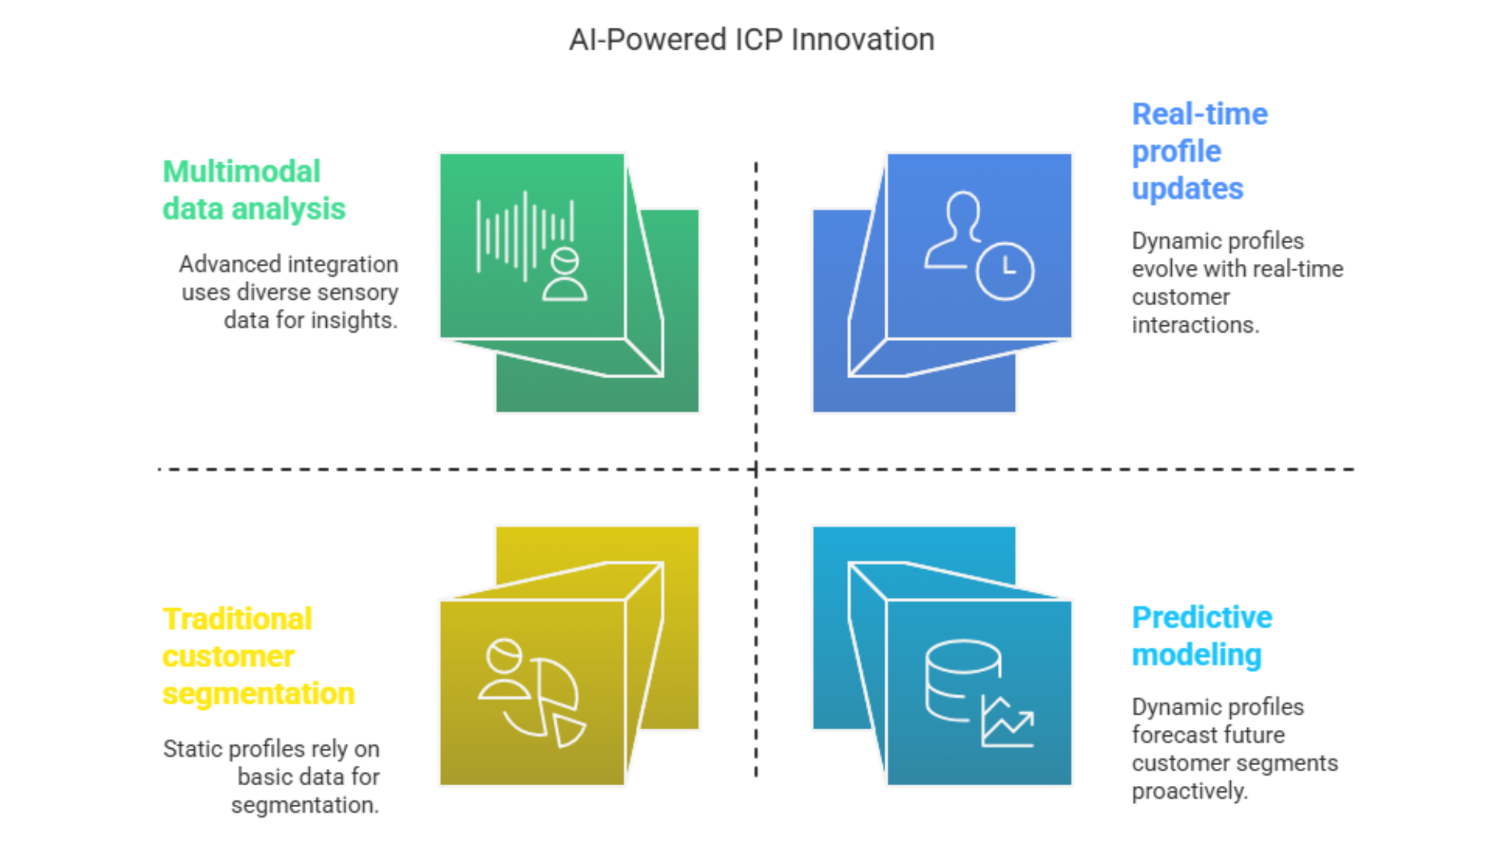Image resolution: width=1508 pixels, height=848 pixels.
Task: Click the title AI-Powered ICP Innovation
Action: coord(751,40)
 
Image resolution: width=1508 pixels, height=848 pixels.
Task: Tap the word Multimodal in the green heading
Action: coord(241,171)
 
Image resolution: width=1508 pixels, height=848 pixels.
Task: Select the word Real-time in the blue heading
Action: coord(1199,114)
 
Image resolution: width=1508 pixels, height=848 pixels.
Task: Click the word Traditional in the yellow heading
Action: coord(237,619)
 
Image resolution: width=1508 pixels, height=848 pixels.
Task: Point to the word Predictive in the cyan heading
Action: coord(1202,617)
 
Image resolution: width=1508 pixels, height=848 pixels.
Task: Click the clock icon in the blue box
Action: coord(1005,271)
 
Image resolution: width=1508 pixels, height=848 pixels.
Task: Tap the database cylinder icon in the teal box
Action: coord(963,680)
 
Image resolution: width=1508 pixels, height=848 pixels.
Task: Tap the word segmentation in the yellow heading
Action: coord(258,694)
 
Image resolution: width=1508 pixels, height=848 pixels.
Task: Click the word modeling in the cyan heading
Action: coord(1196,655)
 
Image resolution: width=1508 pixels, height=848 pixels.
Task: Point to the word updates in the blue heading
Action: coord(1188,189)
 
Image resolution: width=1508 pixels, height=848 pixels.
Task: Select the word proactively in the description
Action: coord(1189,791)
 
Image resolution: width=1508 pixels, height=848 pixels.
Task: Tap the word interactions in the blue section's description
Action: coord(1196,325)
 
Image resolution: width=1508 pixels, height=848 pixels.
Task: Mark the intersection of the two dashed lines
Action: coord(756,469)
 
